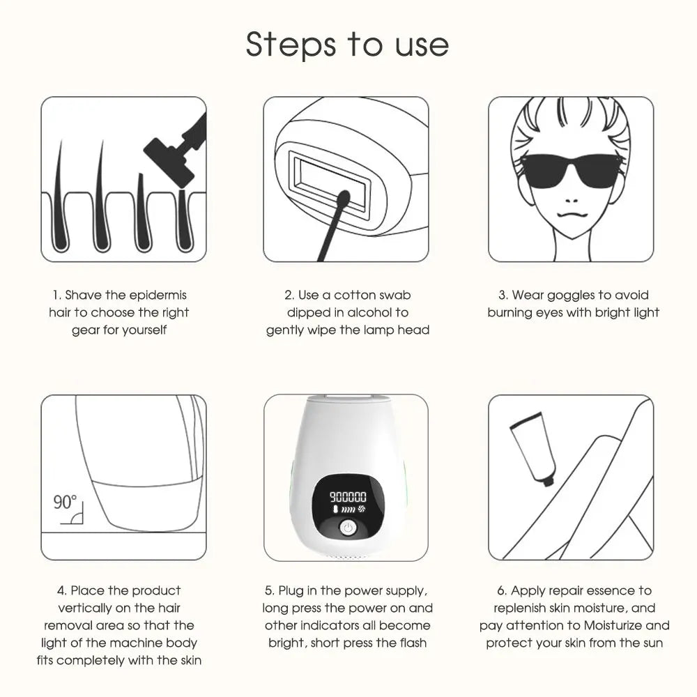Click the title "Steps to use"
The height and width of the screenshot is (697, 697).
(347, 44)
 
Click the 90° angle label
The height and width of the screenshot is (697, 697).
(65, 502)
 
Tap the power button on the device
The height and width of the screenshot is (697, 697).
(347, 528)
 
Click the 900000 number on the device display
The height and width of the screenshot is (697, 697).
(347, 497)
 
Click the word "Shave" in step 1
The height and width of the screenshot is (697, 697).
(84, 296)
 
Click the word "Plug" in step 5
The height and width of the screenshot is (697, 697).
(295, 591)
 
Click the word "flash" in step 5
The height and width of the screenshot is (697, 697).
(411, 643)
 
